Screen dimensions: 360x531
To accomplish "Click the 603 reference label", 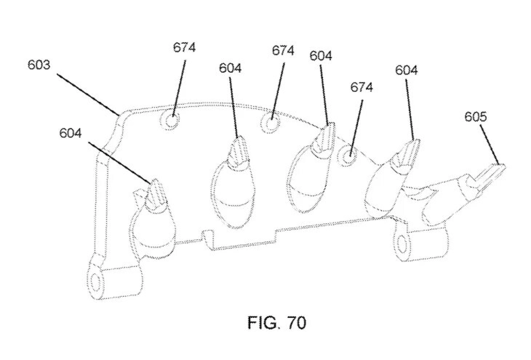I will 39,65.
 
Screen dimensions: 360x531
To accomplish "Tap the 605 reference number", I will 475,117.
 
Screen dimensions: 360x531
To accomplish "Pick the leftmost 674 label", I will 184,47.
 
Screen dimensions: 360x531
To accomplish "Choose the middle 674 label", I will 283,51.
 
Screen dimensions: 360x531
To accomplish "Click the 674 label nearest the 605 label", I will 361,87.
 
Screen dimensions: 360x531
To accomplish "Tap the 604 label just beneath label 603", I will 70,133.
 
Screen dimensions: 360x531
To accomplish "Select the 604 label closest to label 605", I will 406,70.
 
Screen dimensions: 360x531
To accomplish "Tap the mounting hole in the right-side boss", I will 403,244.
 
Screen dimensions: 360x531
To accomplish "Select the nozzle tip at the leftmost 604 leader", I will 156,194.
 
